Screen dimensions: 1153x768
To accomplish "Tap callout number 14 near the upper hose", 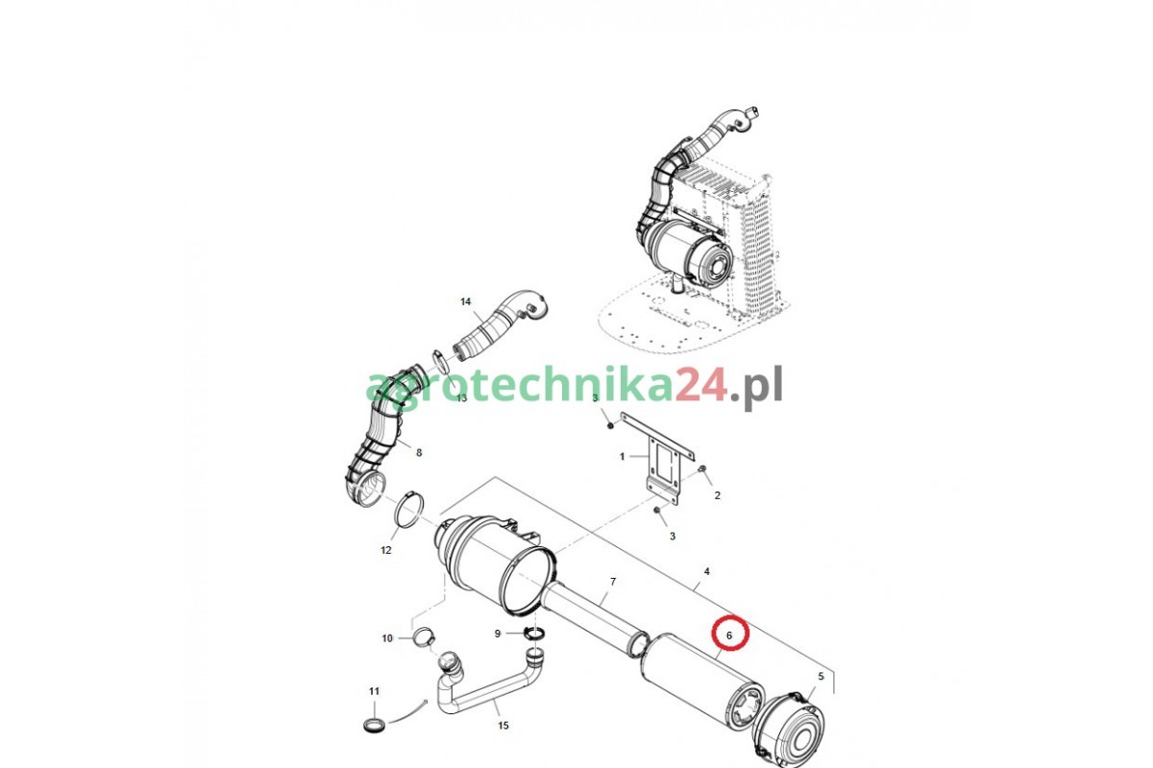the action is [x=465, y=301].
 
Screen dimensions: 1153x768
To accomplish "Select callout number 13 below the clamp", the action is [x=461, y=397].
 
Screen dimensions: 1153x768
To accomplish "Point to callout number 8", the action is [x=419, y=453].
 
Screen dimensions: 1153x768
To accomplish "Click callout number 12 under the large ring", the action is [x=386, y=550].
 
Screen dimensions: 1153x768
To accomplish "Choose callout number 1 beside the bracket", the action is [x=622, y=456].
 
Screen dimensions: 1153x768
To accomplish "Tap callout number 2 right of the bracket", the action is [x=717, y=495].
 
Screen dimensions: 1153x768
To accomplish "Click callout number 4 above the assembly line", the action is [x=707, y=571].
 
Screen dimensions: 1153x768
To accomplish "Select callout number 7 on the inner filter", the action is [x=613, y=582].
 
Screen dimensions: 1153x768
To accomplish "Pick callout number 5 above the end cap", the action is [x=821, y=676].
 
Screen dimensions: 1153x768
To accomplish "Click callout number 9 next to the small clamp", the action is [x=498, y=634].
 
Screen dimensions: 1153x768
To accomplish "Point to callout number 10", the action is [x=387, y=638].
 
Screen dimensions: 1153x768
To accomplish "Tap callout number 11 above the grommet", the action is [x=374, y=691].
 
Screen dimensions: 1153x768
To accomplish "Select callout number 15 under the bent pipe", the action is [x=503, y=726].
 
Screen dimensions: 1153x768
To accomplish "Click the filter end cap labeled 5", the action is [x=789, y=729].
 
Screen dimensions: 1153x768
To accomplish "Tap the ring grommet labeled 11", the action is [x=374, y=727].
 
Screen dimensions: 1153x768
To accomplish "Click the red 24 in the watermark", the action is [x=700, y=385].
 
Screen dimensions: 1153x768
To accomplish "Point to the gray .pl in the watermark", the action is [x=755, y=387].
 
